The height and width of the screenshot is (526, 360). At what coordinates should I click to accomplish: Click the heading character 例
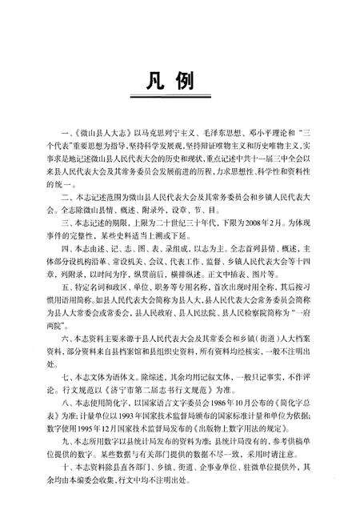(x=198, y=83)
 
